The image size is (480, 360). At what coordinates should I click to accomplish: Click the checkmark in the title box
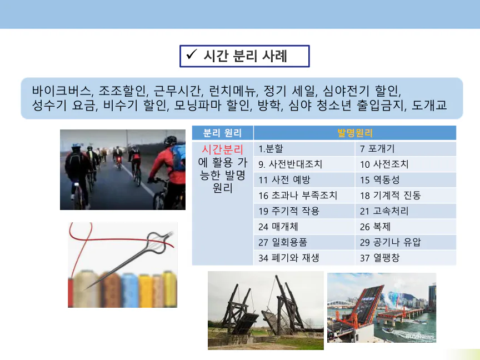[191, 54]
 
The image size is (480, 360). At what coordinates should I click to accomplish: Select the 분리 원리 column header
[223, 133]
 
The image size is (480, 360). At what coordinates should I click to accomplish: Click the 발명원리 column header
[355, 133]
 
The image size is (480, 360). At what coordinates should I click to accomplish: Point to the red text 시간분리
[223, 149]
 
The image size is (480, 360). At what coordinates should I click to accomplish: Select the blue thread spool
[129, 290]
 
